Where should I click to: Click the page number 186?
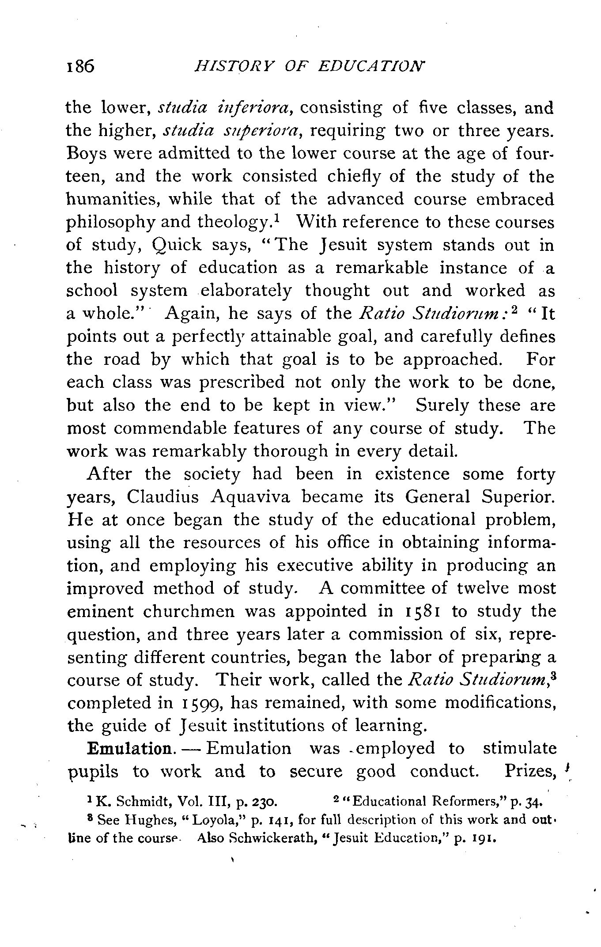pos(81,66)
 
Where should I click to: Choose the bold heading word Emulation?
pos(130,749)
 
